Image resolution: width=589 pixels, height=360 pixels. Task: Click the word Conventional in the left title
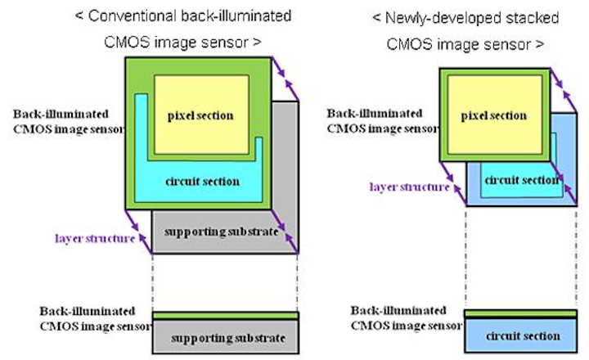pyautogui.click(x=124, y=16)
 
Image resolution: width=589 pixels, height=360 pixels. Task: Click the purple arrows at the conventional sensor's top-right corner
pyautogui.click(x=282, y=78)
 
